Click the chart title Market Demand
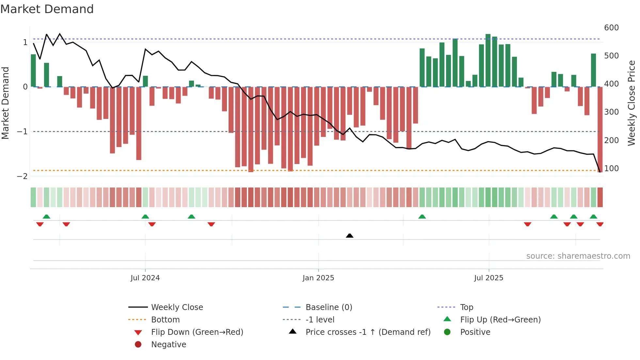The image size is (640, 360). [47, 9]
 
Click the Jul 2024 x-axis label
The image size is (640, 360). [145, 278]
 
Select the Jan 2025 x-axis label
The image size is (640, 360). [318, 278]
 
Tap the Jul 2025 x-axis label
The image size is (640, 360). [488, 278]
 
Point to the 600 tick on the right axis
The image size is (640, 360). [611, 28]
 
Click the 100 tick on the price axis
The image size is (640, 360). [611, 169]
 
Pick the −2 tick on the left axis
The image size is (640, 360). [22, 176]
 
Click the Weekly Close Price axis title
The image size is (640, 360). [632, 103]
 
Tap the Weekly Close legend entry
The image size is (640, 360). [177, 307]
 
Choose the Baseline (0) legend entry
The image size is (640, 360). [328, 307]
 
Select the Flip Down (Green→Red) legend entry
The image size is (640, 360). [197, 332]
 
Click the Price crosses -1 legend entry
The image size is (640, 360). [368, 332]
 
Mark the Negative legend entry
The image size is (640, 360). [168, 345]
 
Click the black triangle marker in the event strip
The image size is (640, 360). [349, 236]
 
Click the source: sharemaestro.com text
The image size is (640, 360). [578, 256]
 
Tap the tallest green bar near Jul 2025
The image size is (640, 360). [488, 60]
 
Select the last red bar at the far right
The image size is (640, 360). [600, 129]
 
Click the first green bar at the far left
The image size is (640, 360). [33, 71]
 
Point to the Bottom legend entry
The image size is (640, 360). [165, 320]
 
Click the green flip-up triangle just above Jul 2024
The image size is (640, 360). [145, 217]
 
